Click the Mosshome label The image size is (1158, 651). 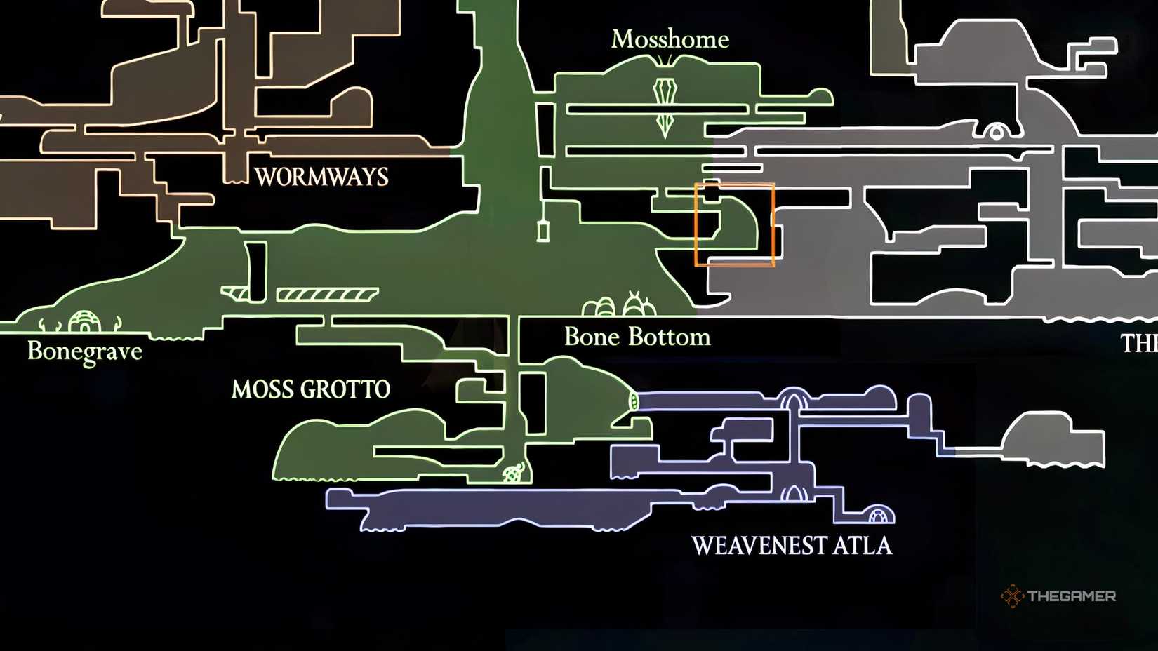click(x=670, y=39)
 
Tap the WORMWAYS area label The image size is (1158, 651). click(x=321, y=177)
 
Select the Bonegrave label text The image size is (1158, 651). click(x=85, y=351)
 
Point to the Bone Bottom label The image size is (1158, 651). click(x=637, y=337)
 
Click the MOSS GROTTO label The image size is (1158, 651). click(x=311, y=389)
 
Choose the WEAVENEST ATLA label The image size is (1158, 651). click(x=791, y=546)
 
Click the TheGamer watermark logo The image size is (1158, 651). click(x=1058, y=596)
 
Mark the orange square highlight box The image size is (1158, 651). click(x=734, y=224)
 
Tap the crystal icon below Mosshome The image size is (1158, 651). click(x=665, y=105)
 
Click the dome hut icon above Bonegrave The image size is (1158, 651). click(x=84, y=322)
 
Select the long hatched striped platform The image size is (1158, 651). click(x=327, y=294)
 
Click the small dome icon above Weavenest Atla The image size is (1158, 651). click(x=877, y=516)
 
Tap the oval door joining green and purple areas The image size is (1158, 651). click(x=633, y=401)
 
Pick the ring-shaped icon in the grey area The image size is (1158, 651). click(x=995, y=131)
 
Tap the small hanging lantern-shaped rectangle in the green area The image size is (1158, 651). click(x=543, y=230)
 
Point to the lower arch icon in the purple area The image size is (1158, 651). click(x=793, y=494)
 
